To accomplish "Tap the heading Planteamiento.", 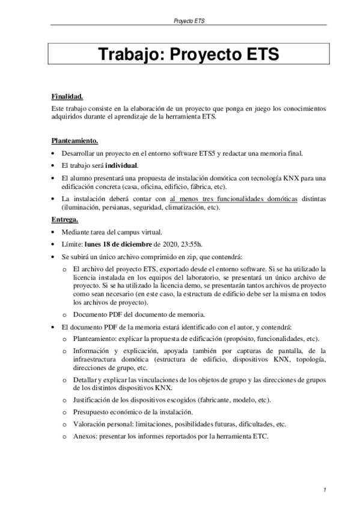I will (75, 142).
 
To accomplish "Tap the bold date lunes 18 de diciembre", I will (119, 244).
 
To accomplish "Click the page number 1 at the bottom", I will (324, 490).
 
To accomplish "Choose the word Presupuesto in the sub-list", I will (94, 412).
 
